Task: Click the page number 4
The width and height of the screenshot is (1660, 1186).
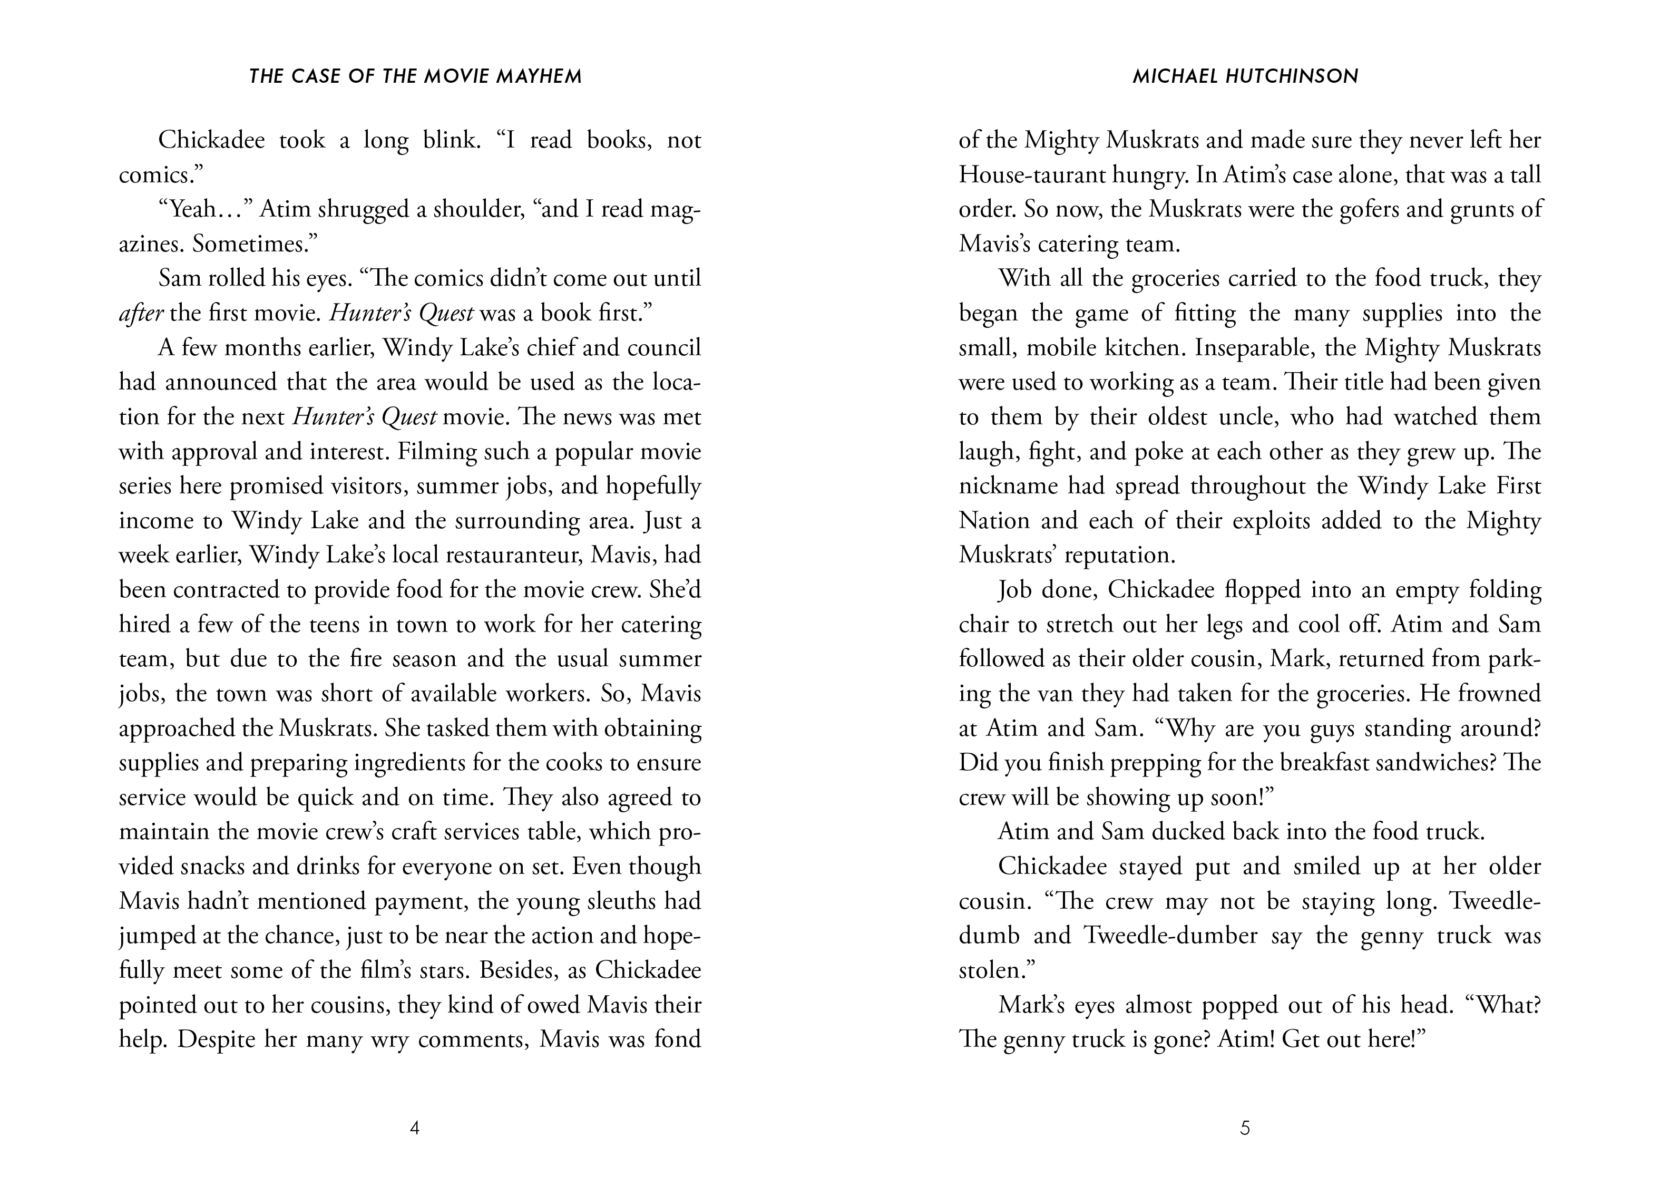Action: tap(415, 1129)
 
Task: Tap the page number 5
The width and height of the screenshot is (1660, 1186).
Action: tap(1245, 1129)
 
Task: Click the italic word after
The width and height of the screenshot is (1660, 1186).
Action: tap(141, 313)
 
